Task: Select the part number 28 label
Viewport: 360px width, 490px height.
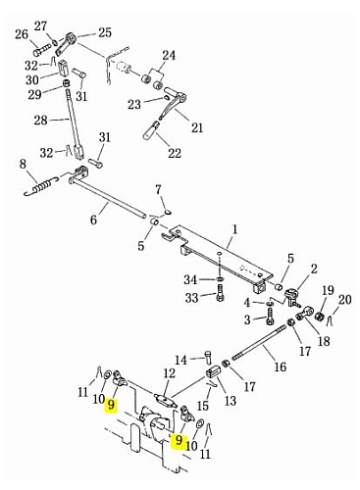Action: click(40, 121)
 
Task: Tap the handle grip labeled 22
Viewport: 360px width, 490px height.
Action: click(150, 130)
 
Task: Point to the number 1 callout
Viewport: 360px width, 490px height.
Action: click(235, 229)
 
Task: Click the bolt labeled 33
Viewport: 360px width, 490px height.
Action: click(220, 292)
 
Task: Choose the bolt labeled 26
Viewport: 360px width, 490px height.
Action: click(40, 51)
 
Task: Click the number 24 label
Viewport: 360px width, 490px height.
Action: click(169, 56)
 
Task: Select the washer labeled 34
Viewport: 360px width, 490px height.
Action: click(221, 279)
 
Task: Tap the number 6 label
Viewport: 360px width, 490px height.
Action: click(93, 220)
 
